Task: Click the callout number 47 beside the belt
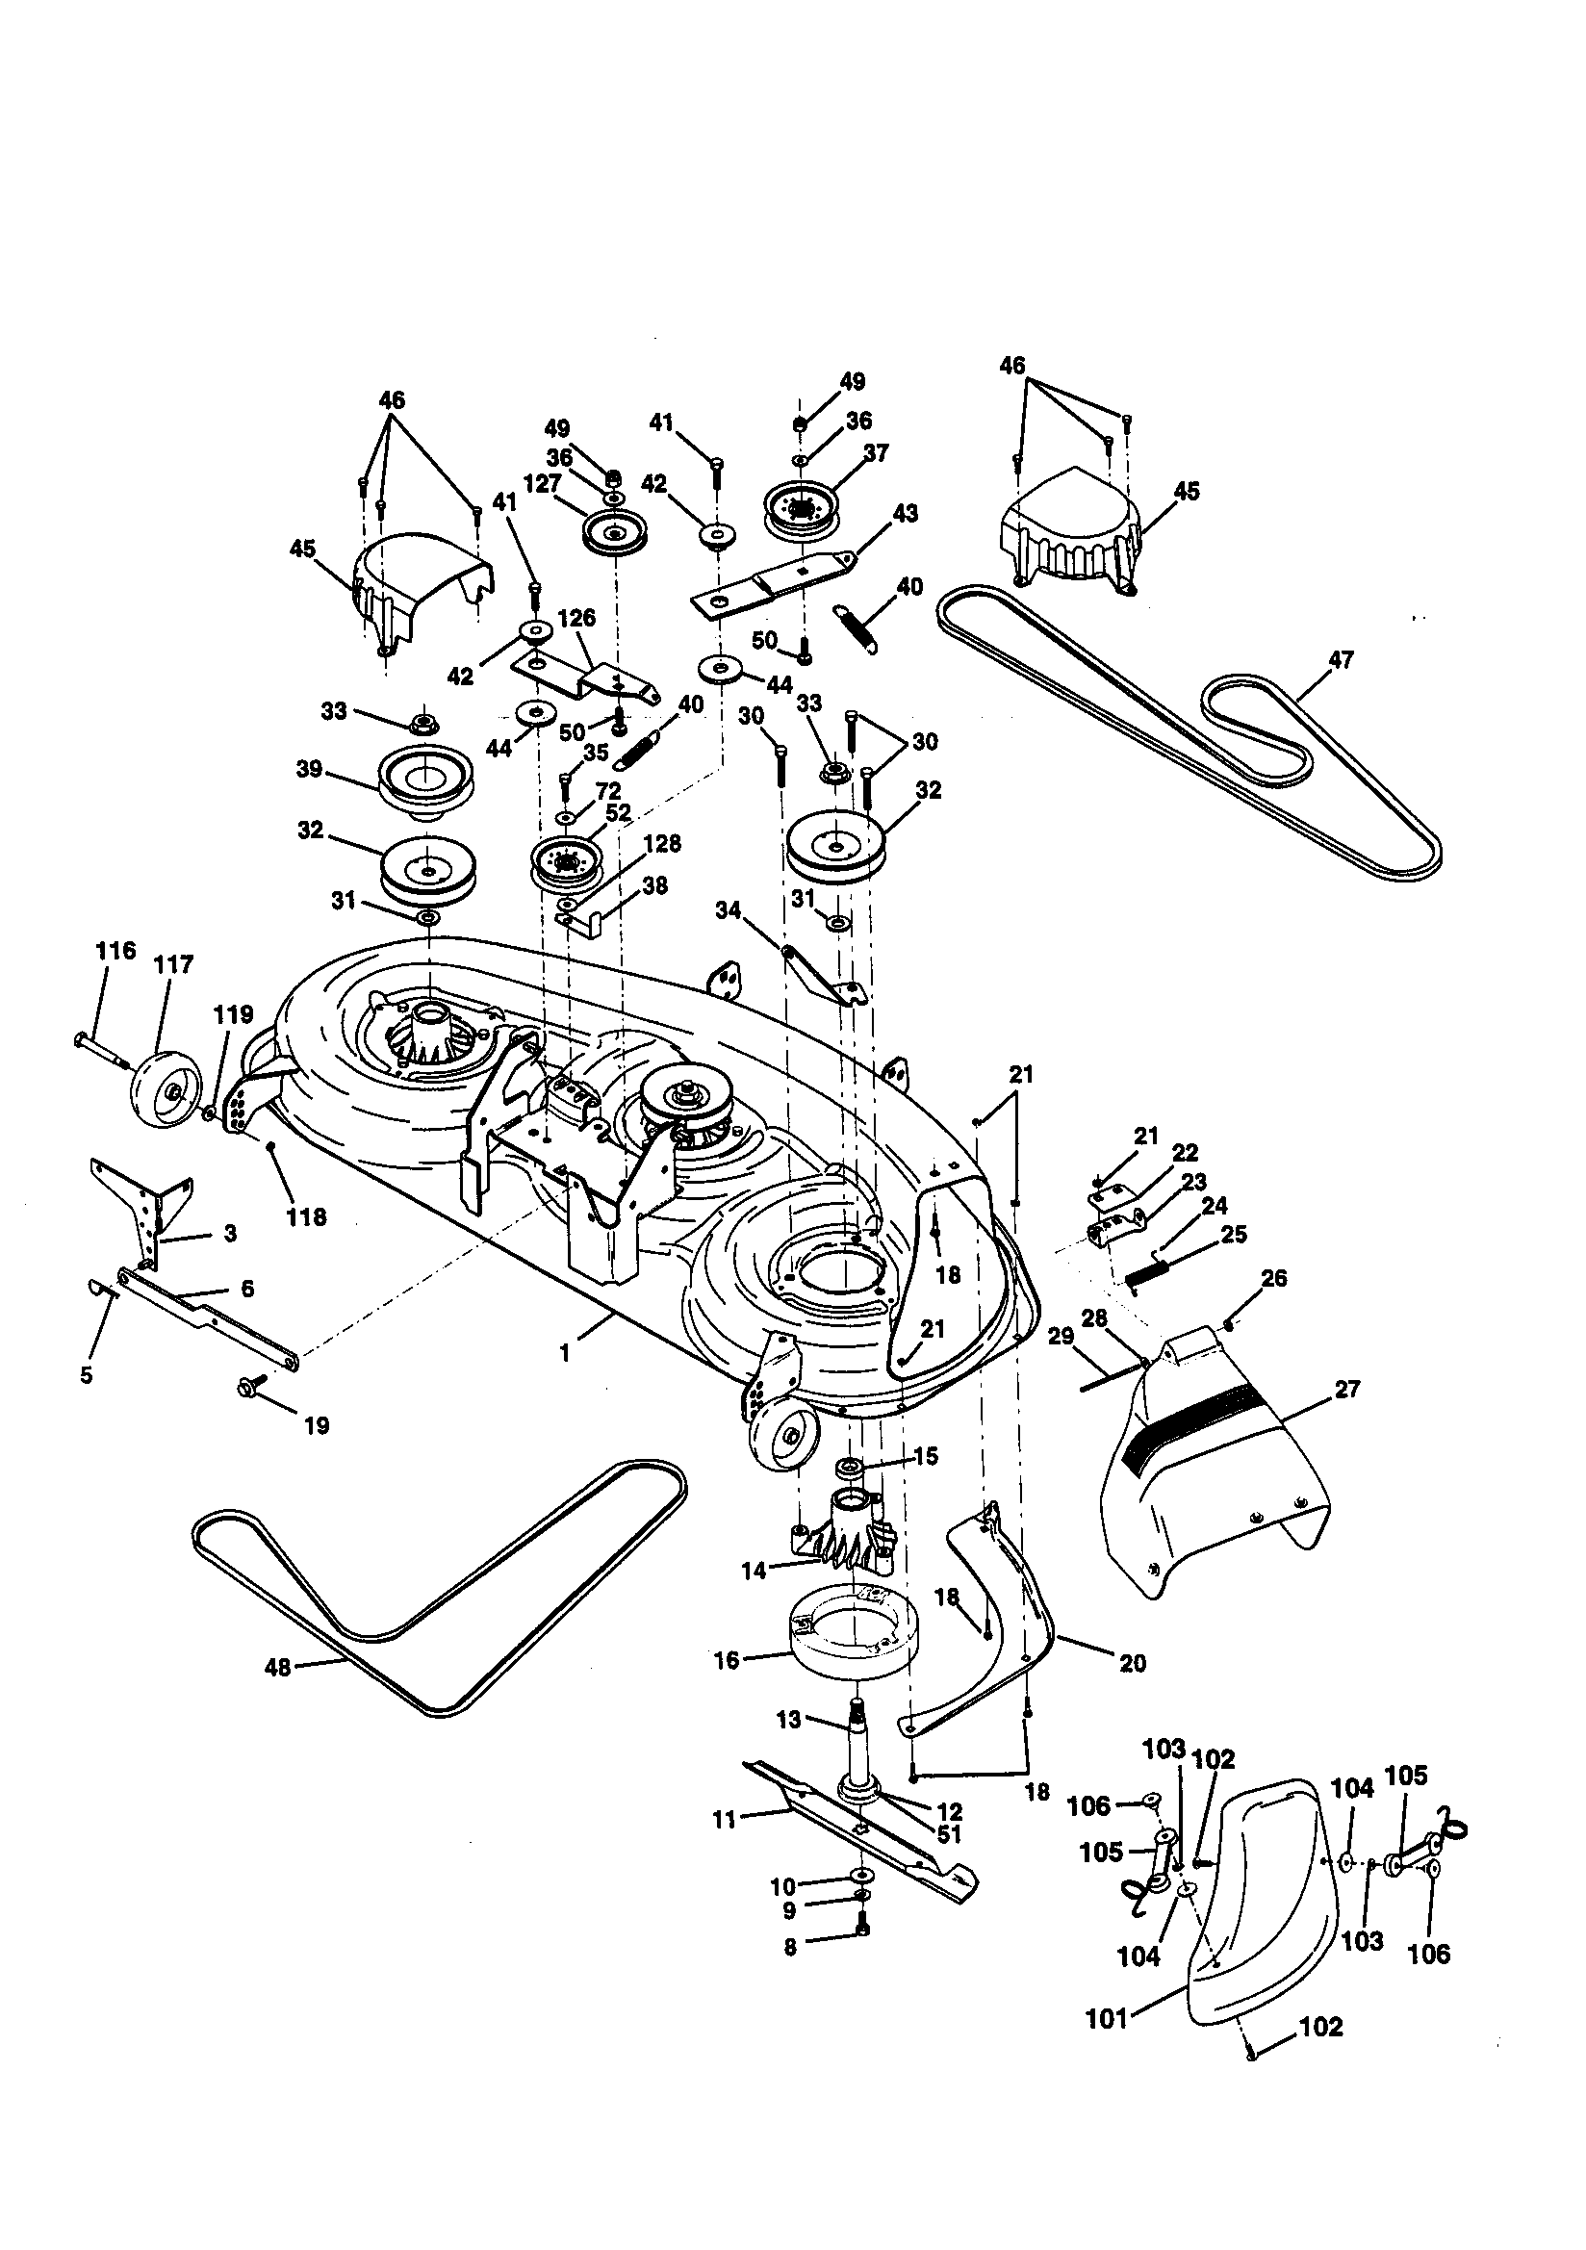(x=1341, y=659)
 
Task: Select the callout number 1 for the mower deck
(x=565, y=1352)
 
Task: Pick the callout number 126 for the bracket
(x=576, y=619)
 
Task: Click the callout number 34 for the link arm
(x=729, y=910)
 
